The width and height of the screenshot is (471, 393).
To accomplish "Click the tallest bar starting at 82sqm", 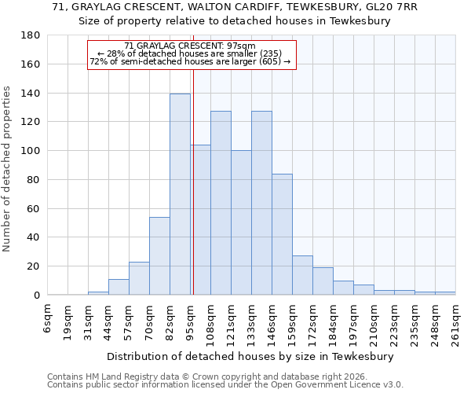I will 180,194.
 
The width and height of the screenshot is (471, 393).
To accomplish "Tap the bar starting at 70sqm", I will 159,255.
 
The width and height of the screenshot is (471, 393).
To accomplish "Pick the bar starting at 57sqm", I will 139,278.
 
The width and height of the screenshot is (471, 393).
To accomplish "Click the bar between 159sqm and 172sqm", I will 302,275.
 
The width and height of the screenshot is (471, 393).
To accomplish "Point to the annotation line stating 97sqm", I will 190,46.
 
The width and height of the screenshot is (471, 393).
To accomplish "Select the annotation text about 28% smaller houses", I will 190,53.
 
